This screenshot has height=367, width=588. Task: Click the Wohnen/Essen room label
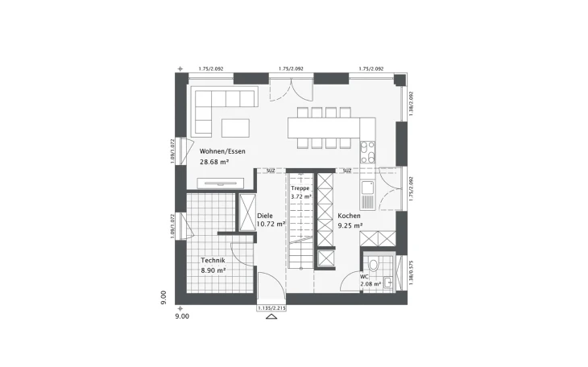222,151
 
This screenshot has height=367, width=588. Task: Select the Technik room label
213,261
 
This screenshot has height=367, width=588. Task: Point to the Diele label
265,216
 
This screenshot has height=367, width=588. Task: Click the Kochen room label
350,216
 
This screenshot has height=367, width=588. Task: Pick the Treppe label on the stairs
300,188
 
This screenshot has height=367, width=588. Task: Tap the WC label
364,275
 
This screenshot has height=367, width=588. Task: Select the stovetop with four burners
368,152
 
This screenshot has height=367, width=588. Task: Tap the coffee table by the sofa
235,128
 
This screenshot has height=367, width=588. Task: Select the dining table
322,127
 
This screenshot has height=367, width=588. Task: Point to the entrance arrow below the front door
271,317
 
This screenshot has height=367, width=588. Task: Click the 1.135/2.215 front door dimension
271,307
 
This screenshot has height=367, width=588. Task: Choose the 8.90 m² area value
213,271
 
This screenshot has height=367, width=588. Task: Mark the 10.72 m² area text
267,225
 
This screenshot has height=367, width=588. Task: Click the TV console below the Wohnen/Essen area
220,183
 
